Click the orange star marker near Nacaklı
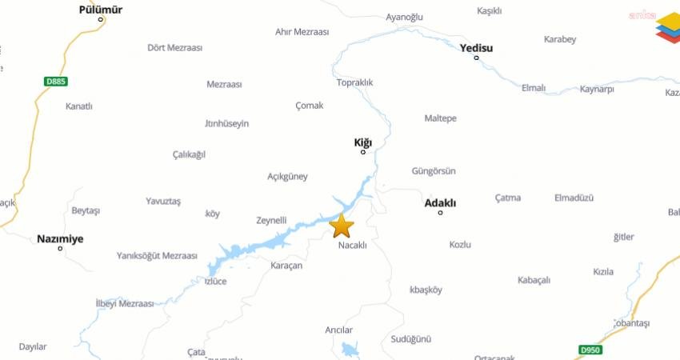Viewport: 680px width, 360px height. [x=342, y=226]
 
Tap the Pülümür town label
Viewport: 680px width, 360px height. [x=101, y=10]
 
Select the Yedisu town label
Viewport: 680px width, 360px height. [x=476, y=48]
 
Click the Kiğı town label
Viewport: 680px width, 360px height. [x=363, y=142]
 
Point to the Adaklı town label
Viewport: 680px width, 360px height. [x=440, y=203]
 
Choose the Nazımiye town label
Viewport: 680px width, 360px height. [x=60, y=238]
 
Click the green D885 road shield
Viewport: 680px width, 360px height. [x=55, y=81]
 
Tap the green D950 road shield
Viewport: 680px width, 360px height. [x=590, y=350]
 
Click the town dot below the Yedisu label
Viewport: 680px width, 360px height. [x=476, y=58]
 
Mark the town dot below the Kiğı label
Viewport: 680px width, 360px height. [x=363, y=152]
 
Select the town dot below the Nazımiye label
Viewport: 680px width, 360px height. [x=60, y=248]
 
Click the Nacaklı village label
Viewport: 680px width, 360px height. [x=352, y=246]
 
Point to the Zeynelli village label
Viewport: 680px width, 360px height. [x=271, y=220]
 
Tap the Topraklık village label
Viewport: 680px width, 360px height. [x=355, y=82]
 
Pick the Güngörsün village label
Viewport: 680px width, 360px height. [x=434, y=171]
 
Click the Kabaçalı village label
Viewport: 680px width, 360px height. [x=534, y=280]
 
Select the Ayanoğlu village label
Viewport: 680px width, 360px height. [x=404, y=17]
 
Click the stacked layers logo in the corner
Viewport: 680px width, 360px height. [x=668, y=27]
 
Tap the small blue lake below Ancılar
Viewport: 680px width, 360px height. [x=350, y=349]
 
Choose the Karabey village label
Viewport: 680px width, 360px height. [x=560, y=39]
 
